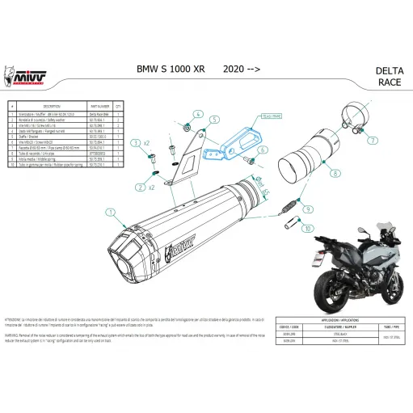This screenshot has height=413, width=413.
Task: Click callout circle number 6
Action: point(264,150)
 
